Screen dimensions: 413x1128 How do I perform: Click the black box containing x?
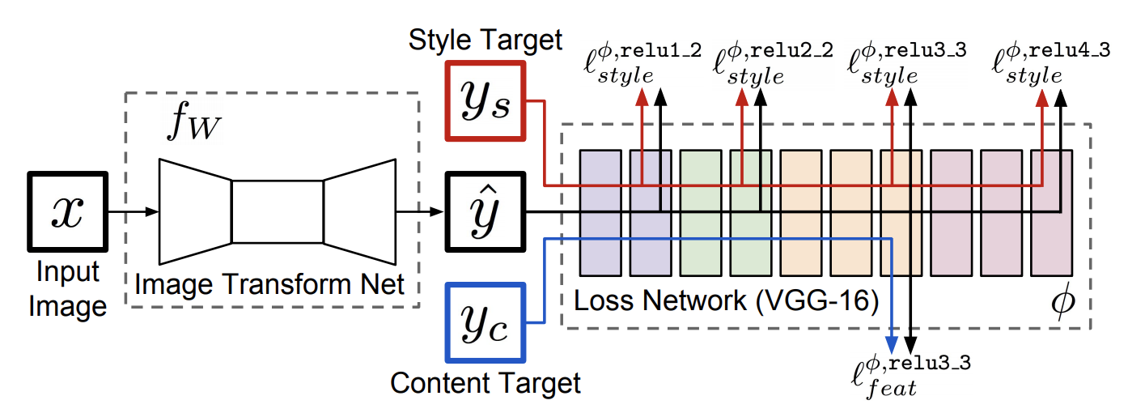tap(68, 213)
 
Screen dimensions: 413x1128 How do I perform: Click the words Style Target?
tap(486, 38)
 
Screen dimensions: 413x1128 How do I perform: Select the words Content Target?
tap(486, 382)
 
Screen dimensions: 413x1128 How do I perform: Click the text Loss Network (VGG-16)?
tap(726, 301)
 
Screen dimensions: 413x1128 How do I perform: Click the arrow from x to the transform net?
tap(134, 213)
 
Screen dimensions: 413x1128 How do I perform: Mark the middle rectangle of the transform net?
tap(278, 213)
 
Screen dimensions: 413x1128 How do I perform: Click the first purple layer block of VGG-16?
tap(600, 213)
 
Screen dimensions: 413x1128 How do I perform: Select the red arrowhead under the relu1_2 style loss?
tap(642, 96)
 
